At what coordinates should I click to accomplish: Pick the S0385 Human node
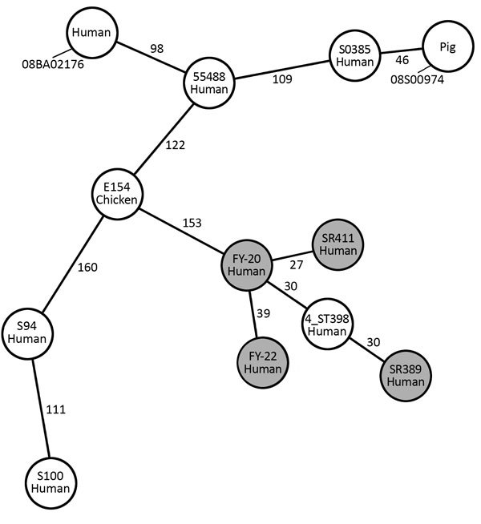point(354,58)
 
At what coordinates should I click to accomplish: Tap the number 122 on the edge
point(175,145)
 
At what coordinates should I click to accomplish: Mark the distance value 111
point(55,409)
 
